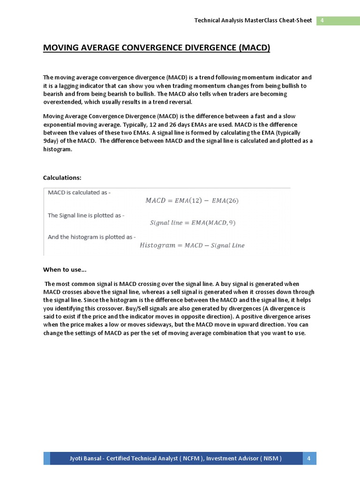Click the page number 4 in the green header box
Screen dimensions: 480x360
tap(322, 21)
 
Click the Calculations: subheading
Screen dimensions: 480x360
tap(62, 178)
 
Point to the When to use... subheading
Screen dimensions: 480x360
tap(65, 270)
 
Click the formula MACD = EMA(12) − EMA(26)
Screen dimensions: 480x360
tap(192, 201)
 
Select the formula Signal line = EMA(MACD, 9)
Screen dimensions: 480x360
tap(193, 223)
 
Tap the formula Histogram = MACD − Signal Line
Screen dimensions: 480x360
tap(192, 245)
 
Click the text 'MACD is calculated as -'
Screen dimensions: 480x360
tap(80, 193)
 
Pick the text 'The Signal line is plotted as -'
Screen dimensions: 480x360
tap(86, 216)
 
